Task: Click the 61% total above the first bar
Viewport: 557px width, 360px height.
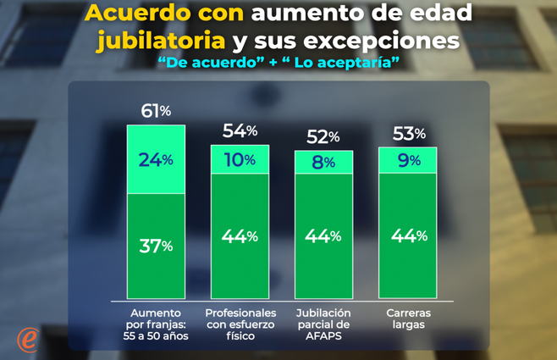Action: tap(156, 111)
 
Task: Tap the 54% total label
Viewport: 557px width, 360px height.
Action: tap(240, 130)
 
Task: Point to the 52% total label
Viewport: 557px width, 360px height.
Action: tap(323, 136)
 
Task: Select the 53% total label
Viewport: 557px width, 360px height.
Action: tap(408, 133)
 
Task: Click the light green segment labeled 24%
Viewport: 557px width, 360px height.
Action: tap(156, 159)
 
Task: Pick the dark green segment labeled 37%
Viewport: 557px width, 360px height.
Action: tap(156, 246)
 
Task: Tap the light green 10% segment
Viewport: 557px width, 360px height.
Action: tap(240, 159)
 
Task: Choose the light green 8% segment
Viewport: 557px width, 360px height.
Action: tap(323, 163)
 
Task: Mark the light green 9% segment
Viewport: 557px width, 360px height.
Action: tap(407, 160)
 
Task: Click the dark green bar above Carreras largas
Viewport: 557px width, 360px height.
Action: tap(407, 235)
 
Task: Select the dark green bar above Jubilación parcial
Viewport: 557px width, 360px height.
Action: tap(323, 235)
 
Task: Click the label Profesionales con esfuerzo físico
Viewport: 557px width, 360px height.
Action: tap(240, 324)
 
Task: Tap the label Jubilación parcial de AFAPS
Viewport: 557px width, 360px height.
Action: tap(323, 324)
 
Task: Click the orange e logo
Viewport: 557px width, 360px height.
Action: tap(28, 339)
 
